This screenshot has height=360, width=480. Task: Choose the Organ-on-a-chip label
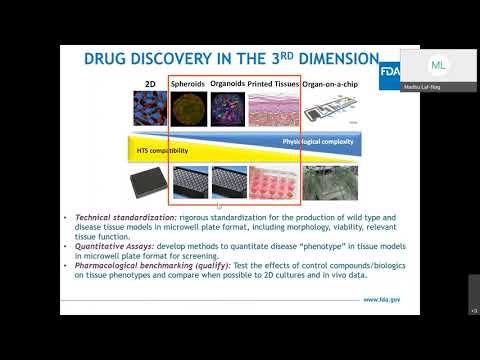pos(328,84)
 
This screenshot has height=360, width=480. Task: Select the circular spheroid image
pos(190,109)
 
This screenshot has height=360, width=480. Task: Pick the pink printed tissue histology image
pos(271,109)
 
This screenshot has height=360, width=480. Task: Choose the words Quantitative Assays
pos(108,242)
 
